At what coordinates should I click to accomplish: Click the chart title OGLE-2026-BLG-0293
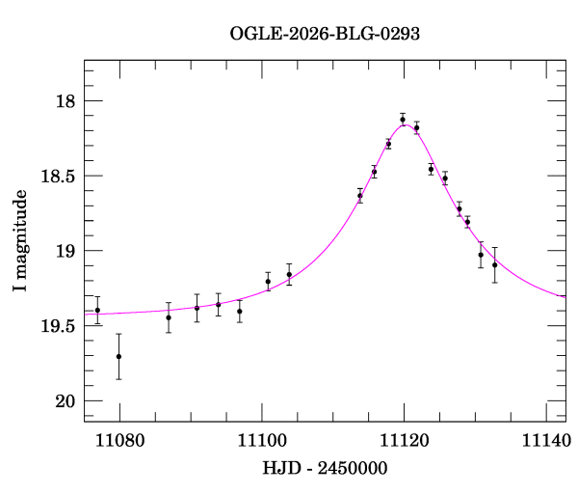(x=325, y=33)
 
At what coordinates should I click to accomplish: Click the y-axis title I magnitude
(x=19, y=241)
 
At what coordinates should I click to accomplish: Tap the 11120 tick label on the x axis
(x=405, y=440)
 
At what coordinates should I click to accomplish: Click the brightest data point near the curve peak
(x=403, y=120)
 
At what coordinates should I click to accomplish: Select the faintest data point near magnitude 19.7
(x=118, y=356)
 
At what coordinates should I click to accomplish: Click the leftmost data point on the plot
(x=97, y=310)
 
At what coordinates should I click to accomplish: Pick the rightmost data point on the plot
(x=494, y=264)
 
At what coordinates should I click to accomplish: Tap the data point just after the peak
(x=416, y=127)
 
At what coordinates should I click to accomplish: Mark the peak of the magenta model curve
(x=406, y=123)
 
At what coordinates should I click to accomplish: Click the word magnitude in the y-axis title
(x=19, y=231)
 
